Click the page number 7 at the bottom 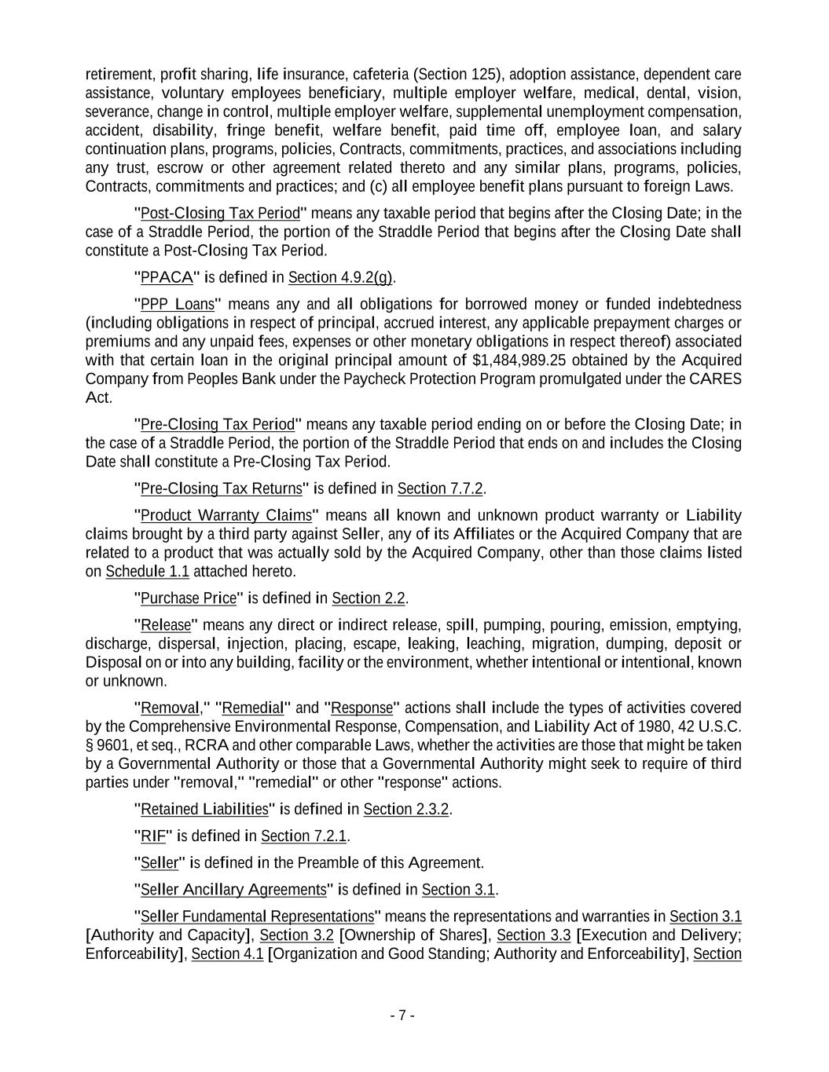(x=402, y=1015)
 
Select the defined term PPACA (x=167, y=277)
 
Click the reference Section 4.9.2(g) (x=340, y=277)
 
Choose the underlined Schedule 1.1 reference (x=147, y=571)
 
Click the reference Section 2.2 (x=369, y=598)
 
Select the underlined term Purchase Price (x=188, y=598)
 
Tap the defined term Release (x=166, y=625)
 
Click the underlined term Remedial (x=253, y=708)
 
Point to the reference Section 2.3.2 (x=406, y=809)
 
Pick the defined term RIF (x=153, y=836)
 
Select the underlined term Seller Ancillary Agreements (x=233, y=889)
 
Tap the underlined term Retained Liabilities (x=204, y=809)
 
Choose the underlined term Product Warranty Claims (x=226, y=515)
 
